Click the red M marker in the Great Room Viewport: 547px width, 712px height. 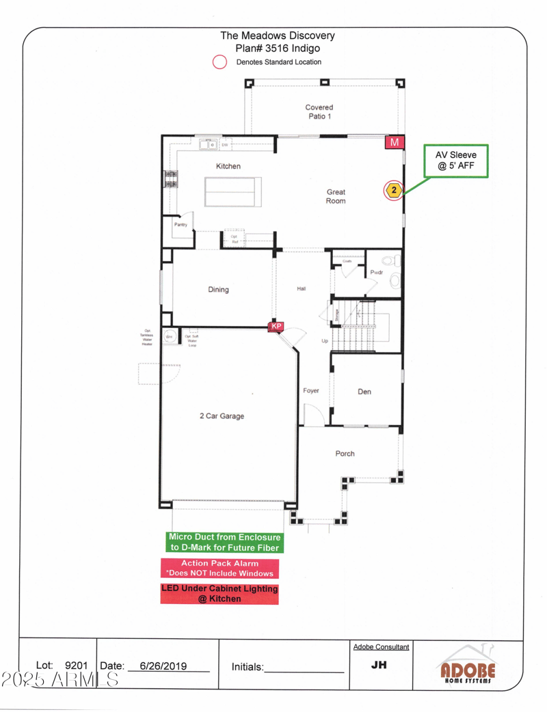[395, 142]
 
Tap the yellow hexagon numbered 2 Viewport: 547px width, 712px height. [393, 190]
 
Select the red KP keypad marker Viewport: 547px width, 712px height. [276, 327]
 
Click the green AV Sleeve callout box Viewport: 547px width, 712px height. [456, 161]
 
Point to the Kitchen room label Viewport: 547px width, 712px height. [228, 166]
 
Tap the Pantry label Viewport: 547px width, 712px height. [181, 225]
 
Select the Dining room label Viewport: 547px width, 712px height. [218, 290]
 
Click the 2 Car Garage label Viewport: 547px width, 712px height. [222, 415]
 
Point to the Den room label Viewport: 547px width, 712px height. [364, 392]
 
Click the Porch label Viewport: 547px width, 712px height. [345, 454]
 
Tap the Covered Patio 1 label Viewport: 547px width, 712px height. [319, 111]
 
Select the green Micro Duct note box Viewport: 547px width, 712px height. [225, 543]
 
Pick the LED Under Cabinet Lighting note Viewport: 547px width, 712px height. [219, 594]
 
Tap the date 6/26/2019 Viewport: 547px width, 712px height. [163, 666]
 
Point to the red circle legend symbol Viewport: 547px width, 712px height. [219, 62]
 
